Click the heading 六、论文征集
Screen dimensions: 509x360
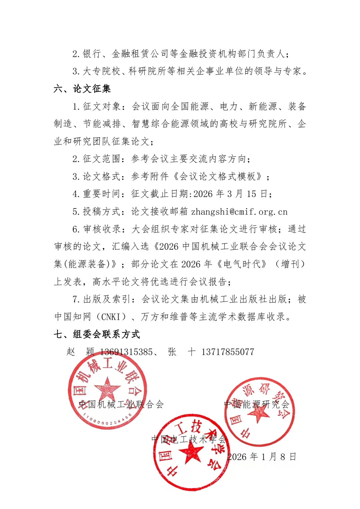[82, 89]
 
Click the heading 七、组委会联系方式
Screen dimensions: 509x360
[97, 334]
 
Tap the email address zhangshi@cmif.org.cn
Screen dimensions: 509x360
[239, 212]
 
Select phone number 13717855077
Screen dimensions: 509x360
[228, 352]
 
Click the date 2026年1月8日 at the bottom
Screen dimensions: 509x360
[262, 457]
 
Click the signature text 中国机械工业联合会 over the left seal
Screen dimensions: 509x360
[121, 405]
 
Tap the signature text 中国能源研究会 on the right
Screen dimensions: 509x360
[256, 405]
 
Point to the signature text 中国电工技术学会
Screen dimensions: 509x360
[189, 439]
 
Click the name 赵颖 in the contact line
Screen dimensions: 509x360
[80, 352]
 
